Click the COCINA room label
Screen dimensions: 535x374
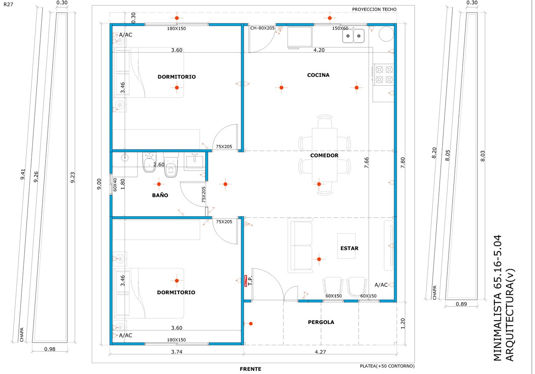[x=318, y=75]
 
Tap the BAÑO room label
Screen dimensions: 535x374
[x=160, y=195]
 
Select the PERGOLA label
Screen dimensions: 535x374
[x=321, y=322]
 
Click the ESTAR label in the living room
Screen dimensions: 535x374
[x=349, y=248]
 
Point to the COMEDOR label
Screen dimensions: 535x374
[x=324, y=156]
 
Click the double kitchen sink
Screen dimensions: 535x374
[x=353, y=36]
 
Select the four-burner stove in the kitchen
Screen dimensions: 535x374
[x=384, y=74]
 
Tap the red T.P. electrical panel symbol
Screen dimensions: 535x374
[x=245, y=281]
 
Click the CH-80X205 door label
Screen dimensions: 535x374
[x=262, y=28]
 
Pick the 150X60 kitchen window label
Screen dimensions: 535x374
[x=340, y=28]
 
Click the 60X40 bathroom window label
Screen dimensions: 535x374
[x=115, y=184]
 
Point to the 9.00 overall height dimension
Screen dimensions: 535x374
[x=99, y=184]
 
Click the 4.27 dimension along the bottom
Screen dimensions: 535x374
[x=320, y=352]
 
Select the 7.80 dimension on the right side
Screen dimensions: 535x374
[x=403, y=162]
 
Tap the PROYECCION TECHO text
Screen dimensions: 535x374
[x=374, y=10]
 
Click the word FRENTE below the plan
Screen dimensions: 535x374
[x=250, y=369]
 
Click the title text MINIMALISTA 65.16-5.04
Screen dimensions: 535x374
[x=498, y=298]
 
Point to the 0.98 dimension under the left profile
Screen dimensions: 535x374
[x=50, y=349]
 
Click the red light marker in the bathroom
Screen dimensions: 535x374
[x=159, y=184]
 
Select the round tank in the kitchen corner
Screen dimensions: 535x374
[x=386, y=34]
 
